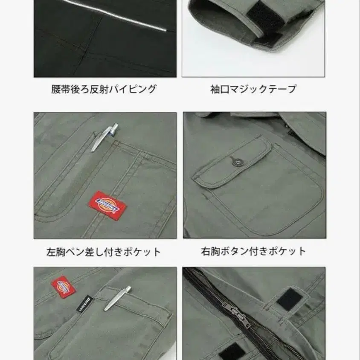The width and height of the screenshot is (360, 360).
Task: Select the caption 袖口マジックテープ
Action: tap(253, 89)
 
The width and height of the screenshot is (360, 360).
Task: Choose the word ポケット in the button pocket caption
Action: tap(290, 251)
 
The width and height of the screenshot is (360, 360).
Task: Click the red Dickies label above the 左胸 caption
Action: tap(107, 204)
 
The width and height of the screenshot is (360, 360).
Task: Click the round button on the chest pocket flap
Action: tap(234, 161)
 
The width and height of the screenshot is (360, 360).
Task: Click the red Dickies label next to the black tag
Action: tap(63, 287)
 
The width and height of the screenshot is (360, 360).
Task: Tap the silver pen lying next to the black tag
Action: tap(117, 298)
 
